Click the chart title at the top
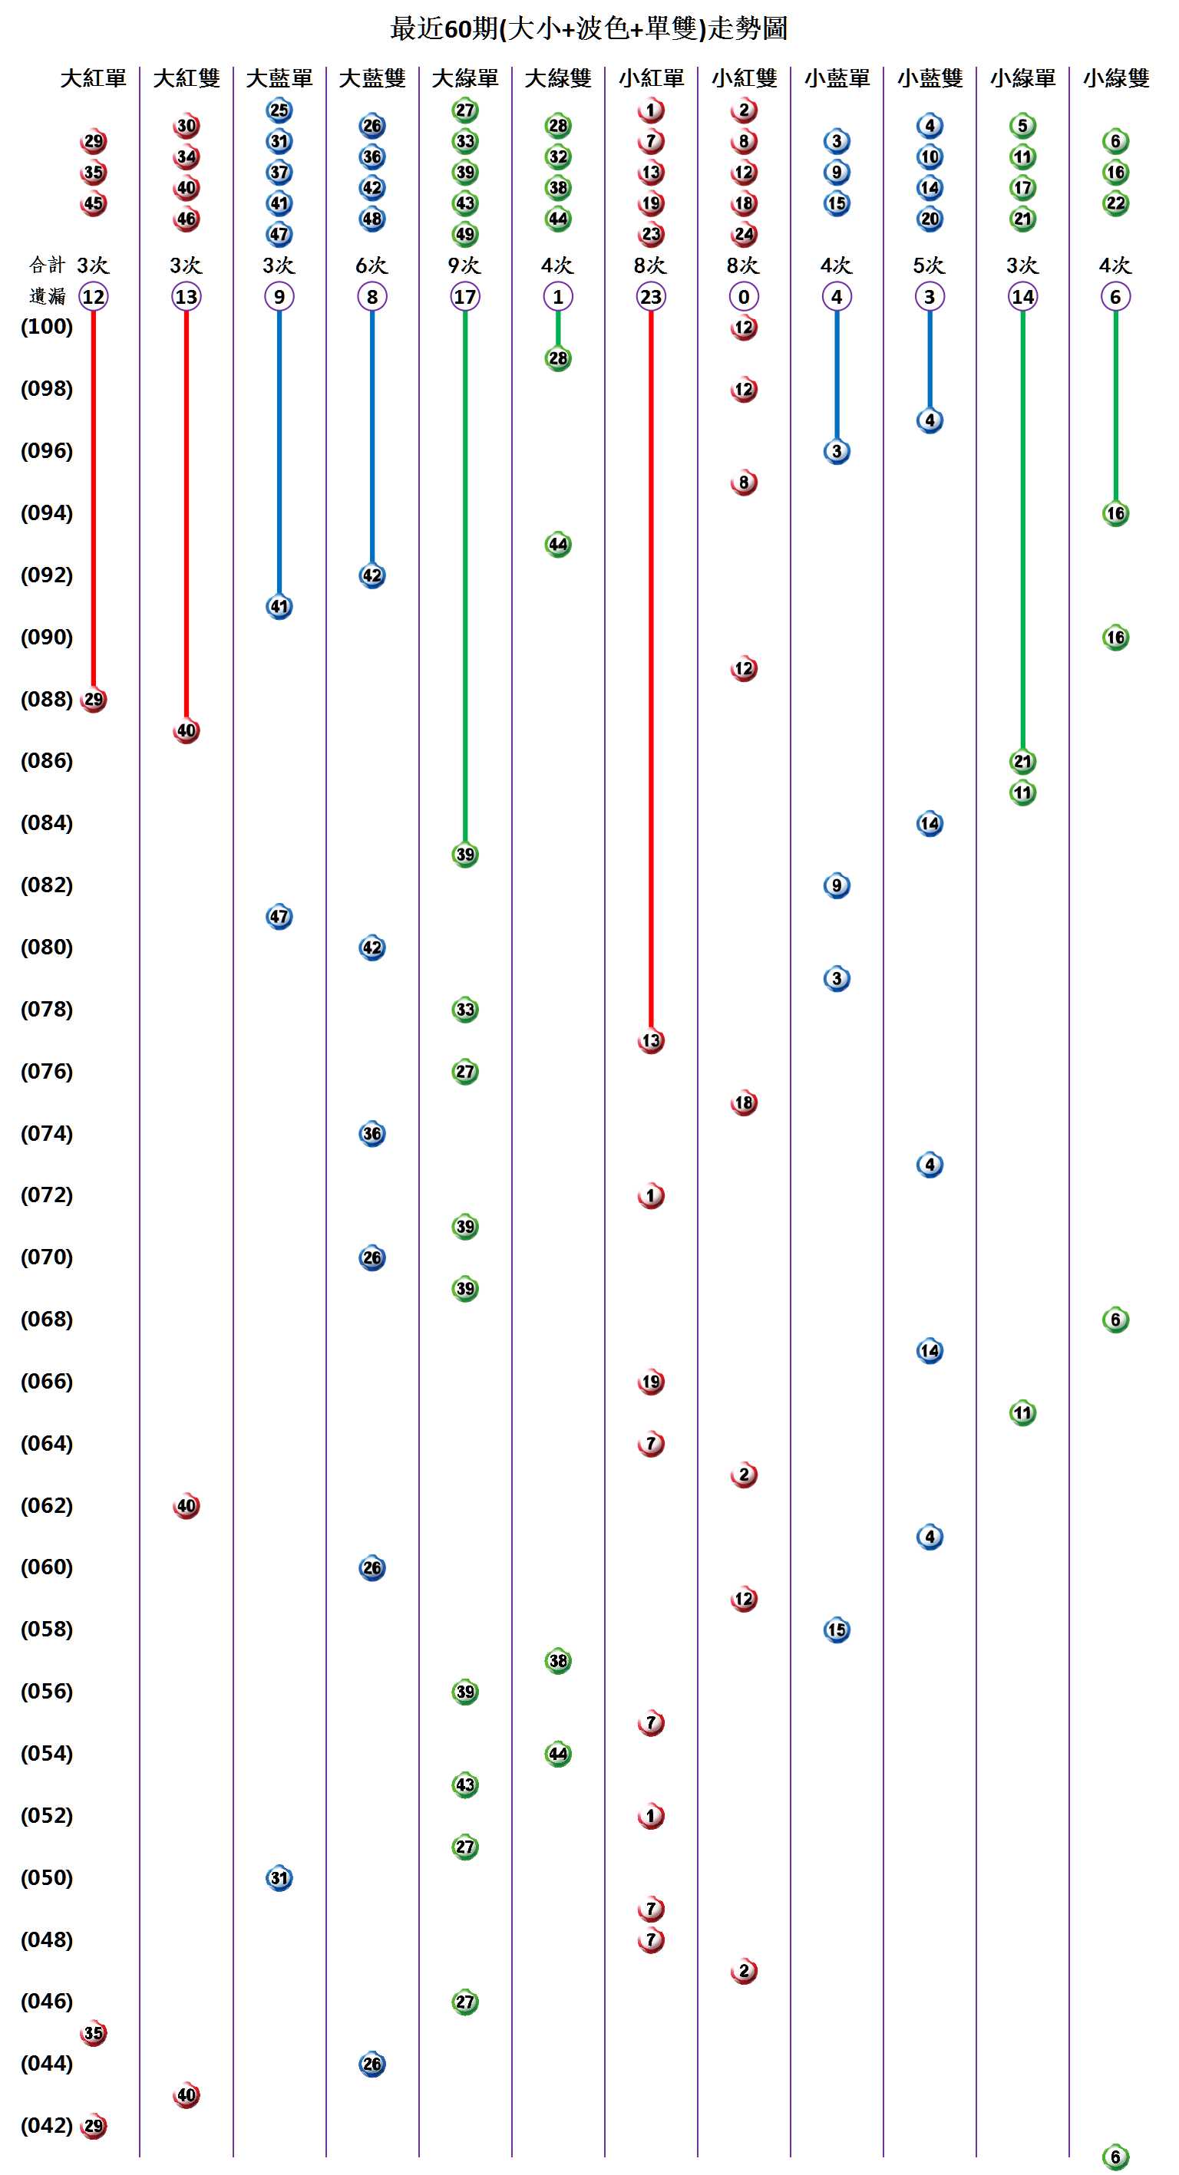pos(589,28)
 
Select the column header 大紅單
pos(93,78)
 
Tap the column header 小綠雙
pos(1115,78)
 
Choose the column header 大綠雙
pos(557,78)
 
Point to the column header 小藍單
pos(836,78)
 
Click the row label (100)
pos(47,327)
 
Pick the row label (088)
pos(47,699)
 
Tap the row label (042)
pos(47,2124)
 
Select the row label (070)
pos(47,1257)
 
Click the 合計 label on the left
pos(47,265)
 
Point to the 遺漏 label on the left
pos(47,296)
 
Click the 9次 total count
pos(464,265)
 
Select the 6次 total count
pos(372,265)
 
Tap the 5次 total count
pos(929,265)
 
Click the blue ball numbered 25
pos(279,110)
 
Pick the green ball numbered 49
pos(464,234)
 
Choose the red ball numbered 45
pos(93,203)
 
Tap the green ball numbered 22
pos(1115,203)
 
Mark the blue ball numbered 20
pos(929,219)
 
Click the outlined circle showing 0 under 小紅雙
pos(743,296)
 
